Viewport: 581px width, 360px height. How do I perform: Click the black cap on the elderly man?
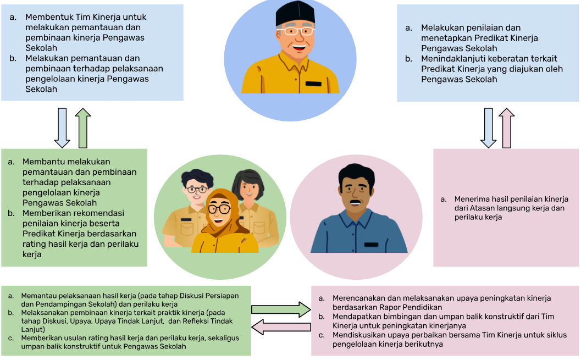(x=295, y=13)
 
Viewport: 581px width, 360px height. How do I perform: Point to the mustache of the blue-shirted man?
(x=356, y=202)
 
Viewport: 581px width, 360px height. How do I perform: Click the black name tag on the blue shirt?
(x=371, y=245)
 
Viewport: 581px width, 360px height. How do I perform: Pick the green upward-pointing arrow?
(x=82, y=128)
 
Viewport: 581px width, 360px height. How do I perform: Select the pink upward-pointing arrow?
(x=507, y=128)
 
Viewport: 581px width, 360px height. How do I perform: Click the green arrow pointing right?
(x=281, y=309)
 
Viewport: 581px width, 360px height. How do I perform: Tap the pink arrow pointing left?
(x=281, y=327)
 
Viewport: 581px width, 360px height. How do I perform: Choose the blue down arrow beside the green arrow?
(x=62, y=128)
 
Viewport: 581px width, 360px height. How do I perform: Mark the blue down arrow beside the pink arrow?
(x=488, y=128)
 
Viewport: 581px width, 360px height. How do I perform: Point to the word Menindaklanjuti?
(x=451, y=58)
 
